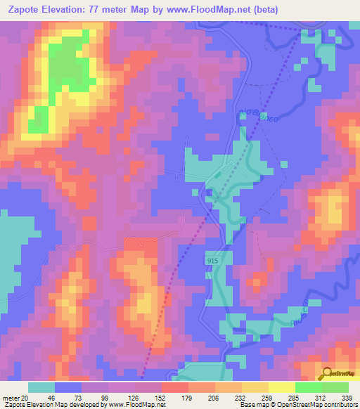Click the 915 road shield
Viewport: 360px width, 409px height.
pyautogui.click(x=212, y=261)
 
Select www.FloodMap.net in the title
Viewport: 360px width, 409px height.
pyautogui.click(x=214, y=10)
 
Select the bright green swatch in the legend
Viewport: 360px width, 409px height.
pyautogui.click(x=308, y=387)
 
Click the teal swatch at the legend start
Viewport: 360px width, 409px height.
pyautogui.click(x=41, y=387)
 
